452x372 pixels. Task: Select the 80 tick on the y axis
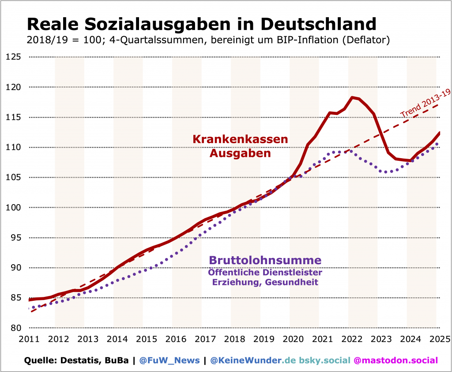15,328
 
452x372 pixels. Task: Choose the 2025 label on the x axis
440,339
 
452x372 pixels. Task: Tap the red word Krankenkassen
240,139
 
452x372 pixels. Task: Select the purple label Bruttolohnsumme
265,260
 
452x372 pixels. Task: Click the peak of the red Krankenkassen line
352,97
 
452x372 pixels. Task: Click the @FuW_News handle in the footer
169,361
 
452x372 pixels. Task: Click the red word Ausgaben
240,153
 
